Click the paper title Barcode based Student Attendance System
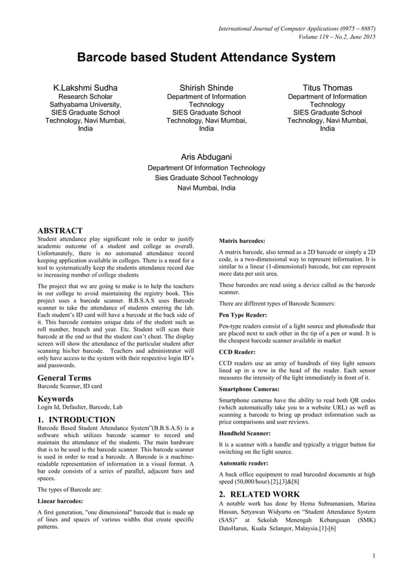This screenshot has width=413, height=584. (206, 58)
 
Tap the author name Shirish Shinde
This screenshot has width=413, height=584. (206, 87)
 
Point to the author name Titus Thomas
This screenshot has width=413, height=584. (328, 87)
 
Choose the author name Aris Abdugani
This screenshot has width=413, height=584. (206, 157)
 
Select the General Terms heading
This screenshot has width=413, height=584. (65, 377)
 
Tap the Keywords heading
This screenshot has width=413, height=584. (57, 399)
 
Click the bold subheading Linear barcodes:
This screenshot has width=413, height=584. (63, 501)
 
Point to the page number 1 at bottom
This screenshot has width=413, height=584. (375, 556)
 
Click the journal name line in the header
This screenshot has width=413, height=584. (297, 28)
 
